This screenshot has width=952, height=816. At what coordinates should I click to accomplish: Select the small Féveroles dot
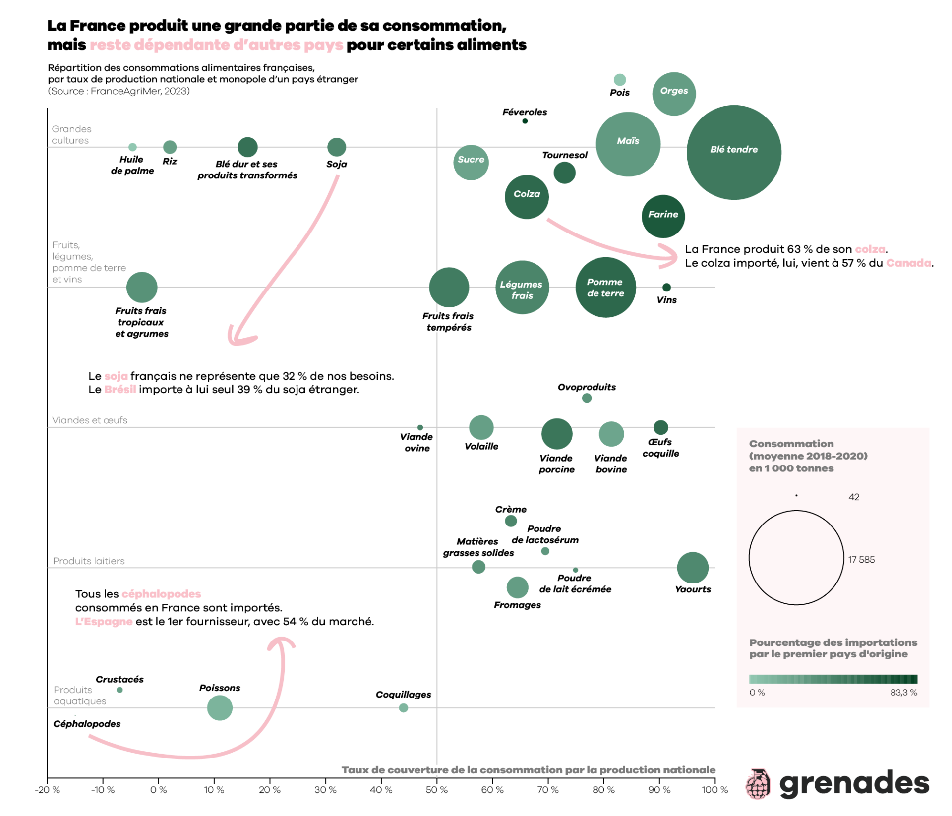[525, 121]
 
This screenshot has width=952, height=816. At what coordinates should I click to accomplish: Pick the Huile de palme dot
[132, 147]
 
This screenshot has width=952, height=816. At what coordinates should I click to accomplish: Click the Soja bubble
[337, 147]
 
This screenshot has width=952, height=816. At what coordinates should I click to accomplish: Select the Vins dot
[666, 288]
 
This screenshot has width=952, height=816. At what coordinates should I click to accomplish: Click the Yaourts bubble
[693, 568]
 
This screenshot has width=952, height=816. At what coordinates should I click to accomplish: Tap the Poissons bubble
[220, 708]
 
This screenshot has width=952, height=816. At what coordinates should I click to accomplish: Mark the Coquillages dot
[404, 708]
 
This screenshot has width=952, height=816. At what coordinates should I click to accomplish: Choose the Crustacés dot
[119, 690]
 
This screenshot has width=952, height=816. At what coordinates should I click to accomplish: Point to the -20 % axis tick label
[48, 790]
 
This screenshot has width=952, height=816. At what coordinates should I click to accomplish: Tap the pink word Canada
[908, 263]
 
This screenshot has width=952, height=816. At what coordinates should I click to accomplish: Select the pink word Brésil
[120, 390]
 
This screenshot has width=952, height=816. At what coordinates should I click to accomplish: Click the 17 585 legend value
[861, 560]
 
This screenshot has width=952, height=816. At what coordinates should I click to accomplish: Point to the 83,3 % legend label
[903, 693]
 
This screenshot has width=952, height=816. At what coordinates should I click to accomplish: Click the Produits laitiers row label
[89, 561]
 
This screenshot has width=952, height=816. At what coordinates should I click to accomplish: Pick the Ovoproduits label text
[587, 387]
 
